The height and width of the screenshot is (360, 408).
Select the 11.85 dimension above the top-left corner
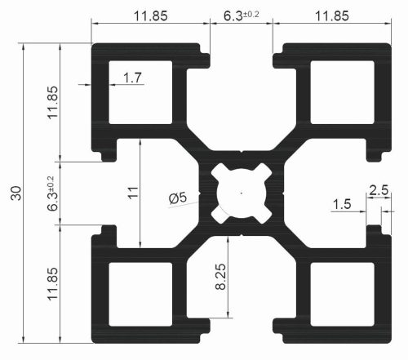click(x=149, y=16)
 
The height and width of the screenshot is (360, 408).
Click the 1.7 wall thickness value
click(x=132, y=78)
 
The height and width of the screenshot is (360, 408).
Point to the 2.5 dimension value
click(x=379, y=190)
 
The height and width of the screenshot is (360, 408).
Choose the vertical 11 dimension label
click(x=133, y=193)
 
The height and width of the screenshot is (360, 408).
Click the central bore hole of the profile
click(x=242, y=193)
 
